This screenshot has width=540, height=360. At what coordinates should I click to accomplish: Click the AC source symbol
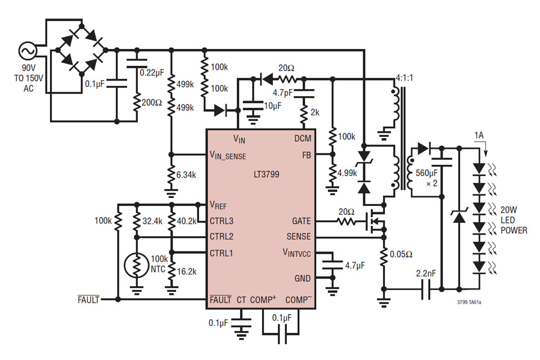coord(27,52)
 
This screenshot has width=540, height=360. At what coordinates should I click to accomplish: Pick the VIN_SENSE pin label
coord(227,155)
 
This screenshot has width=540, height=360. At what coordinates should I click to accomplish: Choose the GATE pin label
coord(301,221)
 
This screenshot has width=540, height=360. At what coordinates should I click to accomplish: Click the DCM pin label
coord(302,138)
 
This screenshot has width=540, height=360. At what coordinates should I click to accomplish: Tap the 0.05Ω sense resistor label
coord(402,254)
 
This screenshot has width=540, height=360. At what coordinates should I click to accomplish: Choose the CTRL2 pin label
coord(222,236)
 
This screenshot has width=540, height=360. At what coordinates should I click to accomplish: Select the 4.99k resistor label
coord(347,172)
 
